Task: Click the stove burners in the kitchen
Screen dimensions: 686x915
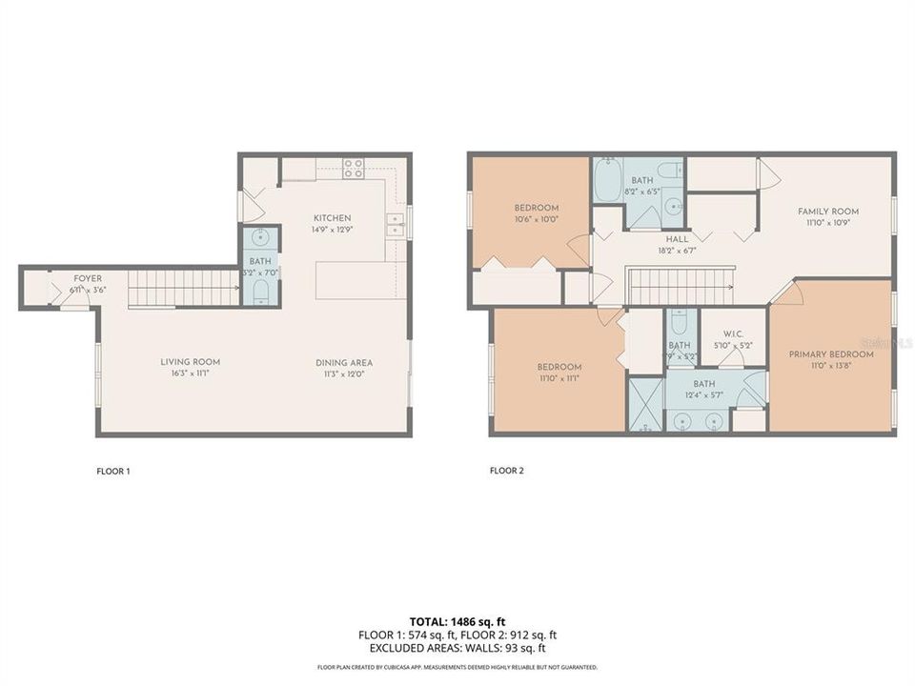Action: point(354,169)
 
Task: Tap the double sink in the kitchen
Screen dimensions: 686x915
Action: point(396,225)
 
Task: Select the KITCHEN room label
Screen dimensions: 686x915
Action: point(333,218)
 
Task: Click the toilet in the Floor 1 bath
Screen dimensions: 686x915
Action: point(260,292)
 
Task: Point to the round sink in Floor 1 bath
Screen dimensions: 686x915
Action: point(260,238)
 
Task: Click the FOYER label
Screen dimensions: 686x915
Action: point(88,278)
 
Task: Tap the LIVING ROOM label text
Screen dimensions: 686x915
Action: point(190,362)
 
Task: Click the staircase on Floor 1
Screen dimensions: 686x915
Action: point(182,288)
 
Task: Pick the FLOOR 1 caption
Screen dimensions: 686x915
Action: point(113,471)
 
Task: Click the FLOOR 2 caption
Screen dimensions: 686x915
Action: point(506,471)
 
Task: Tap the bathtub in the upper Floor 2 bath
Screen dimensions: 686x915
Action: point(607,182)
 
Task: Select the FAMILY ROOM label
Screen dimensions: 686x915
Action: point(828,212)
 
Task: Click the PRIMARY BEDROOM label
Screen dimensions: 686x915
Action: point(831,354)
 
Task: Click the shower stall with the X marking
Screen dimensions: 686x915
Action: point(644,405)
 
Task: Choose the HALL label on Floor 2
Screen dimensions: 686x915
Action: point(677,240)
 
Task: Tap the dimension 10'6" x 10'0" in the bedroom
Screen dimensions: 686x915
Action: point(537,219)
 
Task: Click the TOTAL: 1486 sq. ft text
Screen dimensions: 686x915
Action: point(457,619)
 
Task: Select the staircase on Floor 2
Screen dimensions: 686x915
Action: point(680,287)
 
